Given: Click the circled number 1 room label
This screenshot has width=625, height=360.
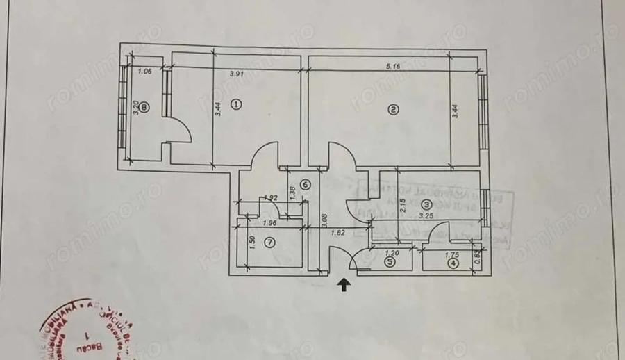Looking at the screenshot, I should pyautogui.click(x=235, y=105).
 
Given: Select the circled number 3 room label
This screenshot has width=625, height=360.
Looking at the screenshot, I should pyautogui.click(x=426, y=204).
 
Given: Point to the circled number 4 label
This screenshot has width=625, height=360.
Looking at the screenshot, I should pyautogui.click(x=453, y=263).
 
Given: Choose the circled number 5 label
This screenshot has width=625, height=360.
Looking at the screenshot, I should pyautogui.click(x=390, y=263).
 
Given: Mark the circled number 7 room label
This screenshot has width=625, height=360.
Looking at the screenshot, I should pyautogui.click(x=270, y=243).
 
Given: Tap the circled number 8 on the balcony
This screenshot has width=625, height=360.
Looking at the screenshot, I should pyautogui.click(x=144, y=107).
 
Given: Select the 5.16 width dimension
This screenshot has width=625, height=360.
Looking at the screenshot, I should pyautogui.click(x=395, y=68).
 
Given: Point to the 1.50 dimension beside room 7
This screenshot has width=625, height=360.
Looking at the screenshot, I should pyautogui.click(x=253, y=243).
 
